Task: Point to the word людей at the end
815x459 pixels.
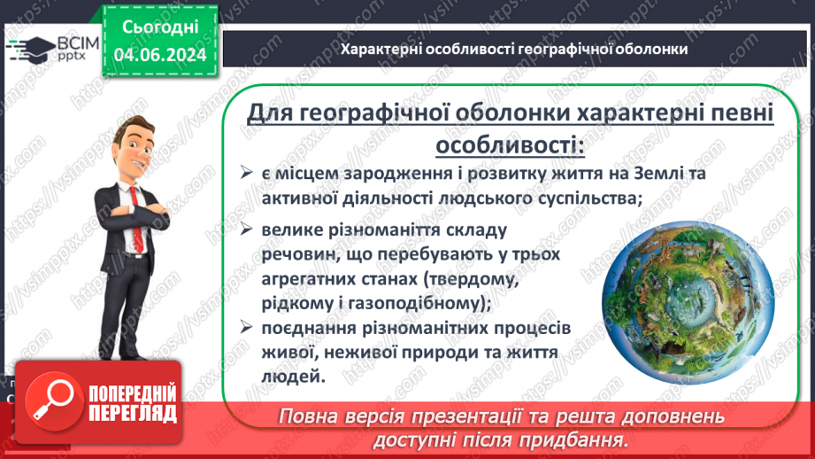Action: tap(288, 377)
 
